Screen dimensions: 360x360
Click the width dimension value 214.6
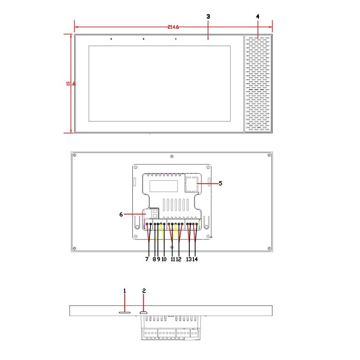[x=173, y=27]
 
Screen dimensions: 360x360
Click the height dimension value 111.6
[x=71, y=83]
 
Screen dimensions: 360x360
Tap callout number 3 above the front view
[x=208, y=16]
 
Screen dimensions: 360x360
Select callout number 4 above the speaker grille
[x=258, y=16]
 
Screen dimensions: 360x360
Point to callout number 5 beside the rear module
[x=220, y=183]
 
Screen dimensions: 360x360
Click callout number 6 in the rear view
[x=121, y=214]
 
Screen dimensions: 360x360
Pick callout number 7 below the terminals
[x=147, y=259]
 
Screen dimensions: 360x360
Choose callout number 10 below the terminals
[x=164, y=259]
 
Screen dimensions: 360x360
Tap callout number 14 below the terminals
[x=195, y=259]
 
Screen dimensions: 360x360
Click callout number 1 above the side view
[x=125, y=291]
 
